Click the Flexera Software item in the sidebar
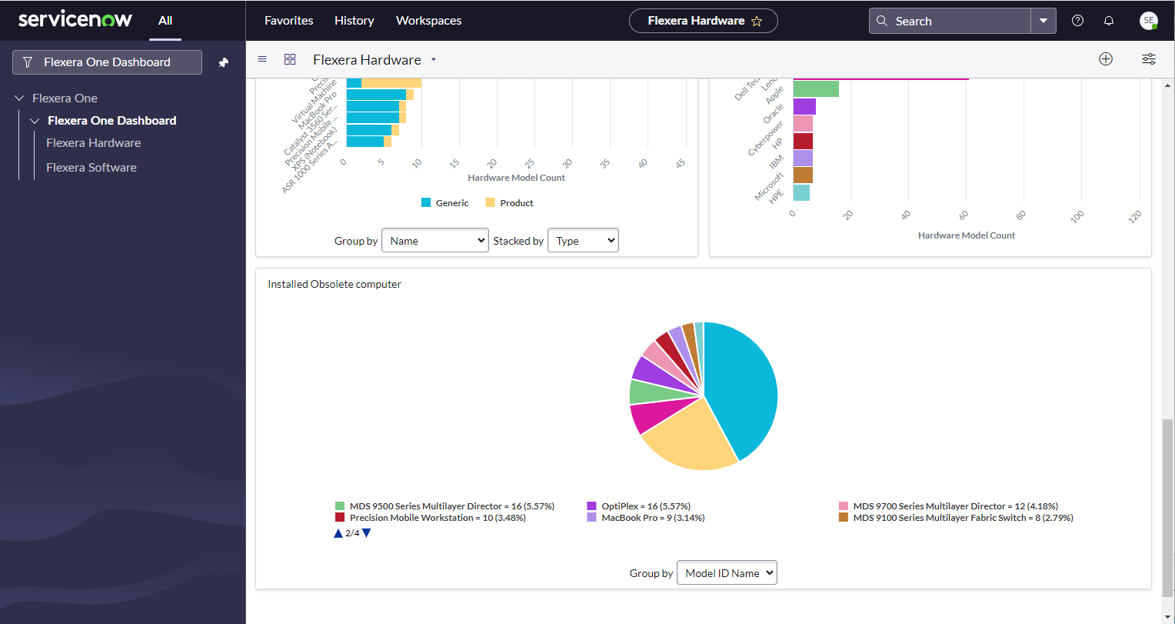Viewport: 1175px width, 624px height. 91,167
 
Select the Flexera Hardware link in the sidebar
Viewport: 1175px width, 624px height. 93,142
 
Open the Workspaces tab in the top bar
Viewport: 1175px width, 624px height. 428,21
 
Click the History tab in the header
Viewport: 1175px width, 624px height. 354,21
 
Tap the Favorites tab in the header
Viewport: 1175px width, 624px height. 288,21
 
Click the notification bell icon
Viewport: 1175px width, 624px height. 1109,21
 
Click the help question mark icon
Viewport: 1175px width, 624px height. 1077,21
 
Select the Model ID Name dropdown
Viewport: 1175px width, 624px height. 727,572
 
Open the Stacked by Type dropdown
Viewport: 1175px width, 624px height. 583,241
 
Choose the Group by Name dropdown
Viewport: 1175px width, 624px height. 434,241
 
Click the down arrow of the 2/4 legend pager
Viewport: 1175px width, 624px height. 367,532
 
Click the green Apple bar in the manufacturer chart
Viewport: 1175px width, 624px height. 816,89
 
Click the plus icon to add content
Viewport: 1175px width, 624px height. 1106,59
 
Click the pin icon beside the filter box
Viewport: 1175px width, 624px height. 224,62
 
